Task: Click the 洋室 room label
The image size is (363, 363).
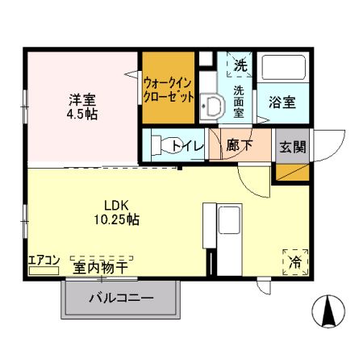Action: [82, 100]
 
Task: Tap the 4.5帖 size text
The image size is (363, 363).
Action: [82, 115]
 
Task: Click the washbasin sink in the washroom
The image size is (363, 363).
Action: [213, 106]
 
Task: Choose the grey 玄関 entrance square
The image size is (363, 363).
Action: [291, 146]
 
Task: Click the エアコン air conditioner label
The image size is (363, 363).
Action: [44, 260]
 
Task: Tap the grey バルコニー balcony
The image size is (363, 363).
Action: [120, 298]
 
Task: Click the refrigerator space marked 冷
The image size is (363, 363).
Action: [295, 261]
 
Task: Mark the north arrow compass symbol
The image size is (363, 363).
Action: [328, 311]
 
